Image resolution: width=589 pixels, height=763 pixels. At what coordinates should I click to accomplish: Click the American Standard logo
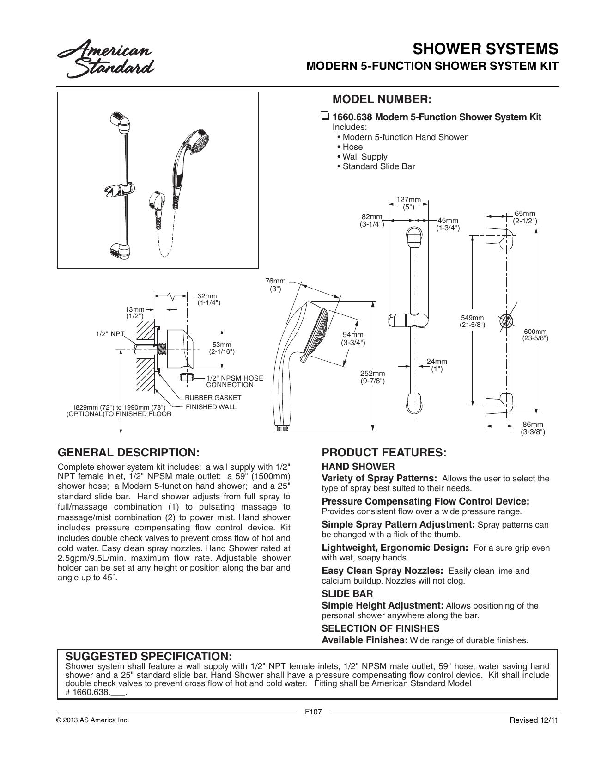105,61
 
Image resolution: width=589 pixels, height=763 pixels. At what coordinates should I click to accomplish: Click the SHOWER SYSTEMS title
485,49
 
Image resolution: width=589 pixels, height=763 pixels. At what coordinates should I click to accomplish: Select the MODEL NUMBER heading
382,99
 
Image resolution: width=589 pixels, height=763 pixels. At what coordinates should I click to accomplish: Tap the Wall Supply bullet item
365,157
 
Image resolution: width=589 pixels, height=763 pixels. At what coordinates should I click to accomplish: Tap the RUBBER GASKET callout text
213,398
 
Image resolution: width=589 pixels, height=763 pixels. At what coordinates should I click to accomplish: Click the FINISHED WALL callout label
211,407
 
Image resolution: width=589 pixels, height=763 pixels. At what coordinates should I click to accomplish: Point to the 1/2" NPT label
110,334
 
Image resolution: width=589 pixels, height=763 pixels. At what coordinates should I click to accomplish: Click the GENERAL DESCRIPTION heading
128,453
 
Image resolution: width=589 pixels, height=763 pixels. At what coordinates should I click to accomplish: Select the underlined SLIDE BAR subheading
347,593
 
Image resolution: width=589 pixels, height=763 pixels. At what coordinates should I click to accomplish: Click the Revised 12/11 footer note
534,720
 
